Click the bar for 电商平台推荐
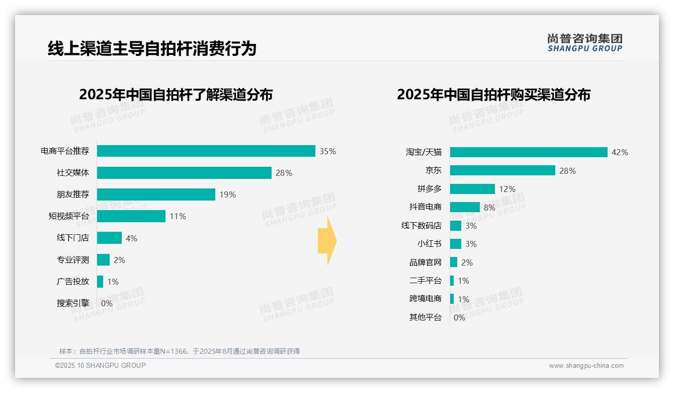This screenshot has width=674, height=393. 206,151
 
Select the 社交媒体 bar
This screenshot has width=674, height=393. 184,173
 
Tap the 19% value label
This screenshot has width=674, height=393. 227,194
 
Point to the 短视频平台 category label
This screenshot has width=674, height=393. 68,216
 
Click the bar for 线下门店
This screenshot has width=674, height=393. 109,238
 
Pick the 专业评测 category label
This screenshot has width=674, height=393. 72,260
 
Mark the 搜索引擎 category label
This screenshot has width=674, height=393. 72,303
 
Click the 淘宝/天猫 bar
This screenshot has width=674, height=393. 529,152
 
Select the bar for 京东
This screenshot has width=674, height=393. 502,171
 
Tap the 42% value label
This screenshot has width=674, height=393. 620,152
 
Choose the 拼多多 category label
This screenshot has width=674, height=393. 429,189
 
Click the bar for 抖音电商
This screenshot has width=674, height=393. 465,207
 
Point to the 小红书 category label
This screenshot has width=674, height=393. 429,244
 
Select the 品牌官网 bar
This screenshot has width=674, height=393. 454,263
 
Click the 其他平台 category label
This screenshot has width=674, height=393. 425,317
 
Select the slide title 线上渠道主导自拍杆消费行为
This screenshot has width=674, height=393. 152,49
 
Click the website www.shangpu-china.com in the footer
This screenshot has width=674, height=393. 586,366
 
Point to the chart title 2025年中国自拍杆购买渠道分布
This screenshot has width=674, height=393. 493,95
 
